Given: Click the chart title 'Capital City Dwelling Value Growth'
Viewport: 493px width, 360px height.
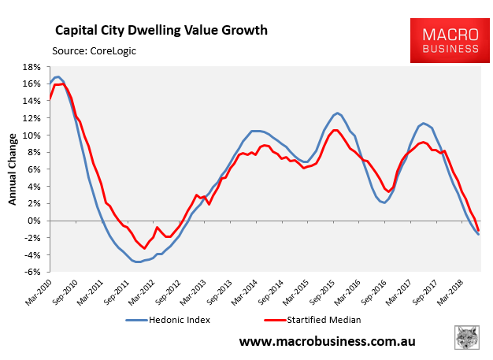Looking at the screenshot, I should tap(161, 31).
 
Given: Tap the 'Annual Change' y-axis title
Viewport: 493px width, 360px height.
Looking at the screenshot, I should tap(13, 169).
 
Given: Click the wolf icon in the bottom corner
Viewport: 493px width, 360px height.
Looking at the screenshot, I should tap(469, 338).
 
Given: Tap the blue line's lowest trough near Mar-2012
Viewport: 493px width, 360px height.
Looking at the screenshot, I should tap(138, 262).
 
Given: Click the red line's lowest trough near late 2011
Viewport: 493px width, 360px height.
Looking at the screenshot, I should tap(144, 248).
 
